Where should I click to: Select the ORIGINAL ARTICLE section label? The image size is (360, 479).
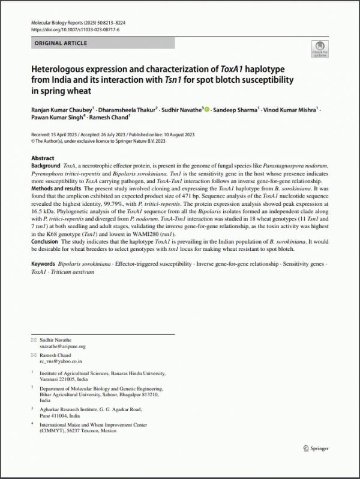(61, 43)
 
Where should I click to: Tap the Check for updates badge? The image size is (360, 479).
(319, 49)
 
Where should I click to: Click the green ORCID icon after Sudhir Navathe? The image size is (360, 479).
(207, 109)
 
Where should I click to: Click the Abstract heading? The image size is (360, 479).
(42, 158)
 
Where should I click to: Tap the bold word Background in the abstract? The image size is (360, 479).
(45, 165)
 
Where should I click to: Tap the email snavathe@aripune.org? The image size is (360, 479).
(63, 346)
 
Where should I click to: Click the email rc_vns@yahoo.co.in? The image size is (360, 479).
(61, 362)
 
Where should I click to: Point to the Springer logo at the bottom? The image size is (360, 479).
(317, 448)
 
